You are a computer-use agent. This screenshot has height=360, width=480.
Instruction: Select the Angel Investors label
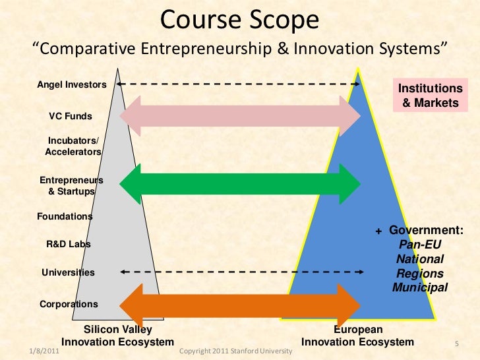point(71,85)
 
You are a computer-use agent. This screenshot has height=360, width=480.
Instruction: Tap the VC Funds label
point(71,116)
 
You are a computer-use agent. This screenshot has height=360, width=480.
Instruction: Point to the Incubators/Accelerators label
point(73,146)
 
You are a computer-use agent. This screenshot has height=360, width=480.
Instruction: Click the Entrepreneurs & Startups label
point(71,185)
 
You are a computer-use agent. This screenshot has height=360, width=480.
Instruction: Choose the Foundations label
point(64,216)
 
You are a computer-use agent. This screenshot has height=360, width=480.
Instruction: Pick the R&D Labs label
point(68,244)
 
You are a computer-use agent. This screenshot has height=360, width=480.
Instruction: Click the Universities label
point(68,272)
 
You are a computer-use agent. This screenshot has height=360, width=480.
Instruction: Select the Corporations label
point(69,304)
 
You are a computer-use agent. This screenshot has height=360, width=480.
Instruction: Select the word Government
point(425,230)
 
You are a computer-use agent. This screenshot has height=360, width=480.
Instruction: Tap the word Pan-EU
point(420,245)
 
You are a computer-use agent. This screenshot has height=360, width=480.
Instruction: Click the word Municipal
point(420,287)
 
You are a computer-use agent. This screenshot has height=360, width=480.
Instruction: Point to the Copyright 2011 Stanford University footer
point(235,352)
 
